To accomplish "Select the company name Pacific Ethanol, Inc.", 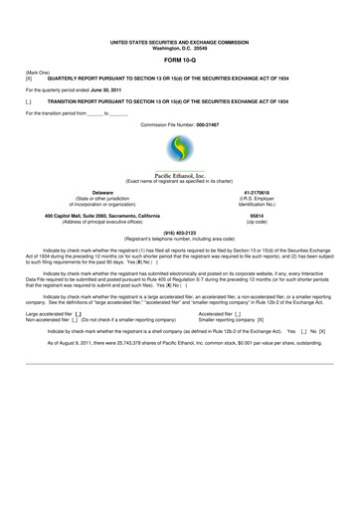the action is tap(180, 175).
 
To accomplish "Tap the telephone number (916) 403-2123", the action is tap(180, 233).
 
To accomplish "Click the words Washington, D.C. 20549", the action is tap(180, 49).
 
